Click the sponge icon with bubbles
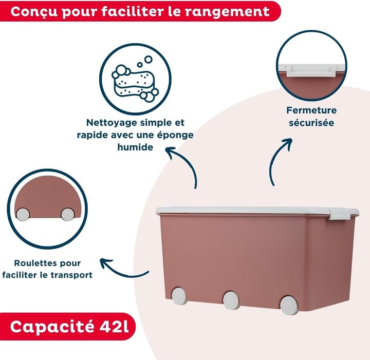click(x=135, y=79)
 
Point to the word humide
click(x=135, y=147)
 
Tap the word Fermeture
click(x=311, y=110)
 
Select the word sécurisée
click(x=311, y=123)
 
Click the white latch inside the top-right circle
click(x=311, y=70)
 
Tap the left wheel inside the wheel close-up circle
click(x=23, y=214)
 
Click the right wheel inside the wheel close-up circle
click(x=67, y=214)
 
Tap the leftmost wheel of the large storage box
click(x=179, y=295)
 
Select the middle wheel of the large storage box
click(x=231, y=300)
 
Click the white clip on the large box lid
click(x=339, y=214)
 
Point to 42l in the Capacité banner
click(x=114, y=327)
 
